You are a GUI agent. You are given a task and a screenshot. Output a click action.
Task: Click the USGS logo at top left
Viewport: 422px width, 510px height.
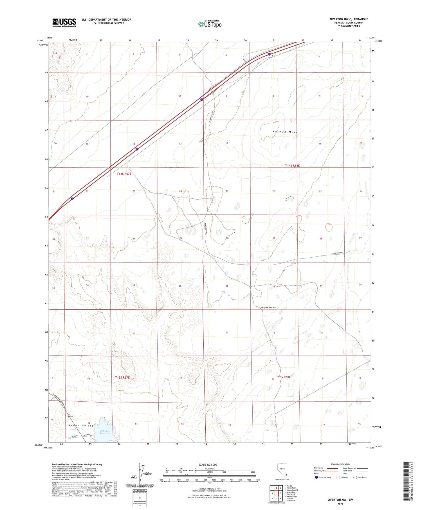pos(64,23)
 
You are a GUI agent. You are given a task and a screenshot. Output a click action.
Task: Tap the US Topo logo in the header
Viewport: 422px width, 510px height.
pos(210,24)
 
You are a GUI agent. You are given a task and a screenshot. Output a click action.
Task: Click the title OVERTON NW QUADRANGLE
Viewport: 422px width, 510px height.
pos(349,19)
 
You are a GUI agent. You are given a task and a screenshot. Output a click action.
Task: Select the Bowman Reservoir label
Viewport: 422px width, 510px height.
pos(104,432)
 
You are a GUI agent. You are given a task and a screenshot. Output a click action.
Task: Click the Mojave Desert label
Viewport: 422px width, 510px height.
pos(268,307)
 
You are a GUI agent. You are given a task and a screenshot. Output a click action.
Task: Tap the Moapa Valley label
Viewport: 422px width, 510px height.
pos(81,426)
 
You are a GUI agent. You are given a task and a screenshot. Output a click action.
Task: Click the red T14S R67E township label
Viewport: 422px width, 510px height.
pos(124,174)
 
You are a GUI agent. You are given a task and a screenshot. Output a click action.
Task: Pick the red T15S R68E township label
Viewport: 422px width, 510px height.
pos(283,377)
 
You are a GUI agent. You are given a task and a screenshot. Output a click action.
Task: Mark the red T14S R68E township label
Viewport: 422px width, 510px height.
pos(292,166)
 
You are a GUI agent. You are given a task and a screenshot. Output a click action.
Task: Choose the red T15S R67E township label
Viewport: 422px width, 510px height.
pos(122,378)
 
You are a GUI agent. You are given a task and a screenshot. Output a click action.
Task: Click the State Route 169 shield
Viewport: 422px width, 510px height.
pos(69,416)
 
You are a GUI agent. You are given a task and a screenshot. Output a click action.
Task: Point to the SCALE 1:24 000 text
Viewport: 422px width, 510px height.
pos(208,464)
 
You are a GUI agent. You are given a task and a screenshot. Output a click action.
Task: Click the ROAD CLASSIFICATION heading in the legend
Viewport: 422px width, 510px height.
pos(340,464)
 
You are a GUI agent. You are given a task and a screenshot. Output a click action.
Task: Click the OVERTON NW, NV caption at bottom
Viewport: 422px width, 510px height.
pos(340,500)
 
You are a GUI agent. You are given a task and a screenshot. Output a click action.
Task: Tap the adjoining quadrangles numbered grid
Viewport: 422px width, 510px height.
pos(276,493)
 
